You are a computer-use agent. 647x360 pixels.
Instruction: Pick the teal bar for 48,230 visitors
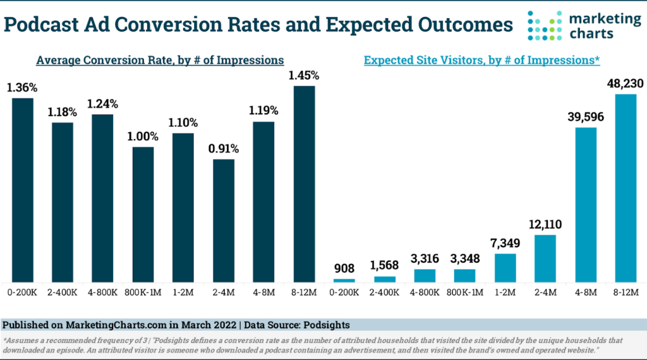[626, 188]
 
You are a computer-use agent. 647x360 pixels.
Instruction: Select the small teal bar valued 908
[344, 280]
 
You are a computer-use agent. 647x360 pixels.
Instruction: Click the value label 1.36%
[22, 88]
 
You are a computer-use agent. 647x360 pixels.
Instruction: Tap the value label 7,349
[505, 243]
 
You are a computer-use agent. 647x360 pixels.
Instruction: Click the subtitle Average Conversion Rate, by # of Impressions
[160, 61]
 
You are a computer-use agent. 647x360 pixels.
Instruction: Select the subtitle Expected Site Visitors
[481, 61]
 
